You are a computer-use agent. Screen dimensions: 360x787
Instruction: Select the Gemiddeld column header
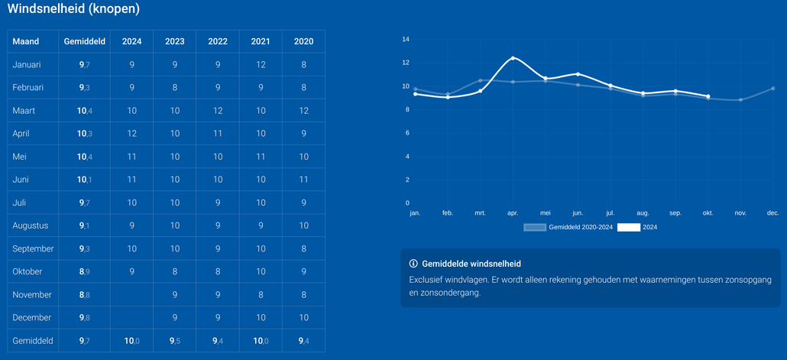pos(85,41)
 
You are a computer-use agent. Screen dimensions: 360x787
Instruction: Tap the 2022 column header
pos(218,41)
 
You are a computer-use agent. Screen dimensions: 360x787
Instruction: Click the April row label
pos(21,134)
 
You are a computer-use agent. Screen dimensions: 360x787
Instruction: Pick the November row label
pos(32,294)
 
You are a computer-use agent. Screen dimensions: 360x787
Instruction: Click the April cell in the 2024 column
pos(132,134)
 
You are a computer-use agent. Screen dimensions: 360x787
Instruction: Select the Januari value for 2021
pos(261,65)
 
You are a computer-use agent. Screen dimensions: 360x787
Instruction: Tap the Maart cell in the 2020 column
pos(303,111)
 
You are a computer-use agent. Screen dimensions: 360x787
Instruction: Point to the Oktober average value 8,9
pos(85,271)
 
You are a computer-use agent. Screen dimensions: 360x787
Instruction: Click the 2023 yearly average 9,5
pos(175,341)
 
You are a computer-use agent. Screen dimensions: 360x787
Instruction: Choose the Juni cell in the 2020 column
pos(303,180)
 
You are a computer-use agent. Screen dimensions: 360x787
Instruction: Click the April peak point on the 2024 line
pos(513,58)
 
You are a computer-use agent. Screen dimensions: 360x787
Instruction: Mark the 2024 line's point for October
pos(708,96)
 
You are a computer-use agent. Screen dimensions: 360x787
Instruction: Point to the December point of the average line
pos(773,89)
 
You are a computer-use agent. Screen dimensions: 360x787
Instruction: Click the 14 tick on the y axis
pos(406,39)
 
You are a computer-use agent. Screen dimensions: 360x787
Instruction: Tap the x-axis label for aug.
pos(643,213)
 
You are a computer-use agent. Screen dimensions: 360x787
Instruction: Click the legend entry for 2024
pos(638,227)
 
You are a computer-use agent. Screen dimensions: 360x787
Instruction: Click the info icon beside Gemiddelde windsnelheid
pos(413,264)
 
